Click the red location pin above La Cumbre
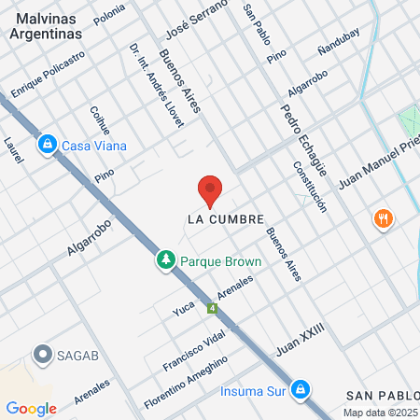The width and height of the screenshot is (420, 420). pyautogui.click(x=210, y=189)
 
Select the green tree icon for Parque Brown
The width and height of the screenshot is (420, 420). pyautogui.click(x=165, y=260)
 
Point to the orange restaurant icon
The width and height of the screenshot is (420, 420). pyautogui.click(x=382, y=219)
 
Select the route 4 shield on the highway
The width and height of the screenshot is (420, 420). pyautogui.click(x=213, y=308)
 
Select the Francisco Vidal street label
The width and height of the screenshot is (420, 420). pyautogui.click(x=194, y=351)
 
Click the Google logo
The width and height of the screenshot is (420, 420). pyautogui.click(x=31, y=408)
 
